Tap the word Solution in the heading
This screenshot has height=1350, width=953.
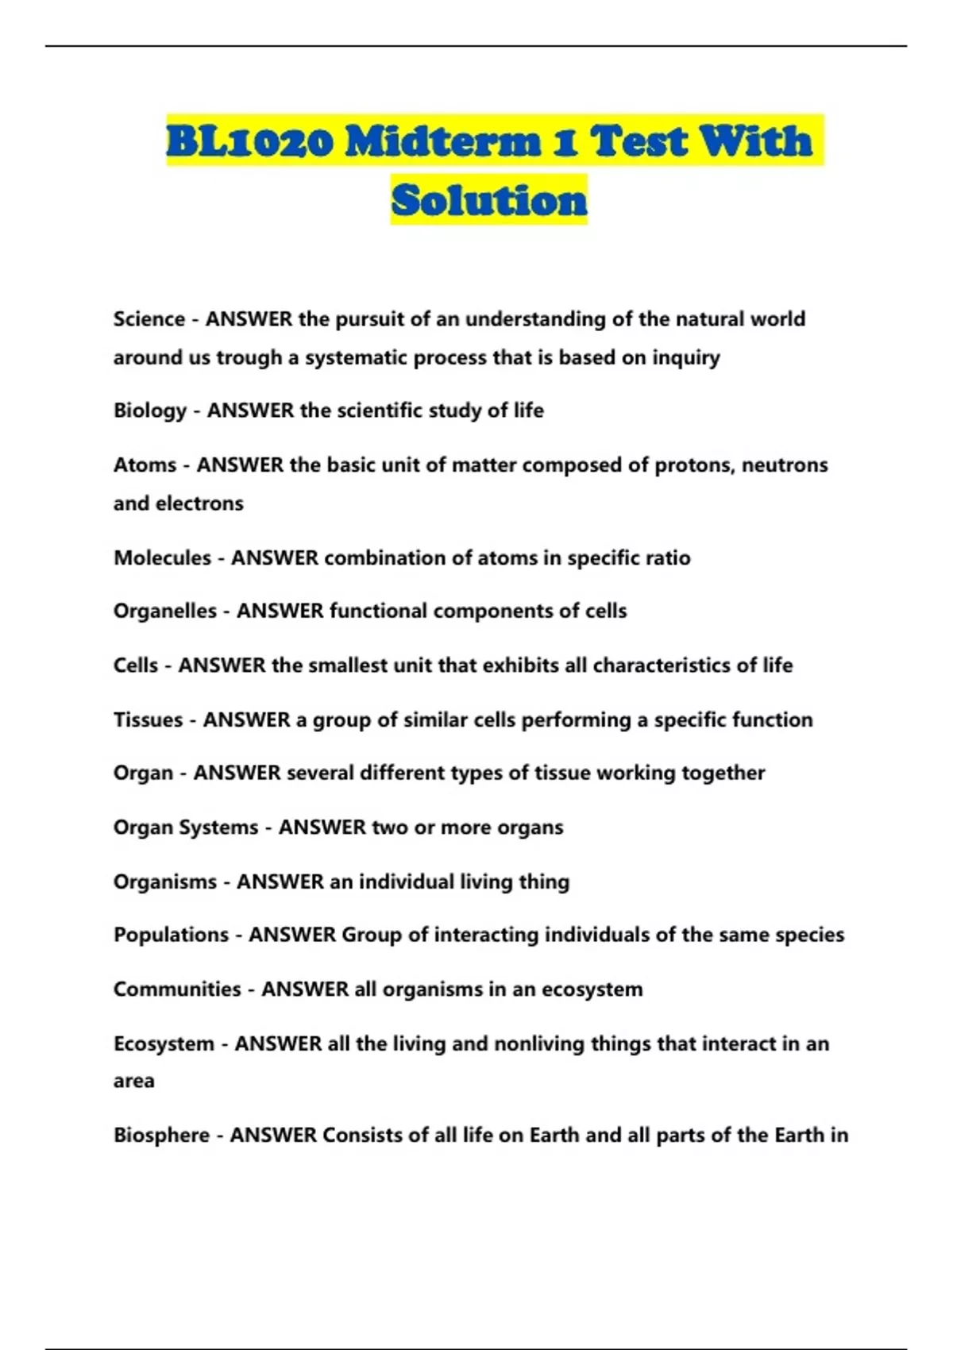489,200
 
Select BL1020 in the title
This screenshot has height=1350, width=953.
249,141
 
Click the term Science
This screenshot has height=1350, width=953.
149,319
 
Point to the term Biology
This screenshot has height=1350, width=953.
150,411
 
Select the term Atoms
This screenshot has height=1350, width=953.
145,465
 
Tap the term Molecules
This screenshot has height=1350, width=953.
163,557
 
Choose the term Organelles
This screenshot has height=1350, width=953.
165,611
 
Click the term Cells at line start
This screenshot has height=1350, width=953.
136,665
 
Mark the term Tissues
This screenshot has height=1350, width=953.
149,719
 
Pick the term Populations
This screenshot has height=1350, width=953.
171,935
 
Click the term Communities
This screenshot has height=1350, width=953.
177,989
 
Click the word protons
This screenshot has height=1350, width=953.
693,465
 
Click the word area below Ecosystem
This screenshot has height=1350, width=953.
134,1081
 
